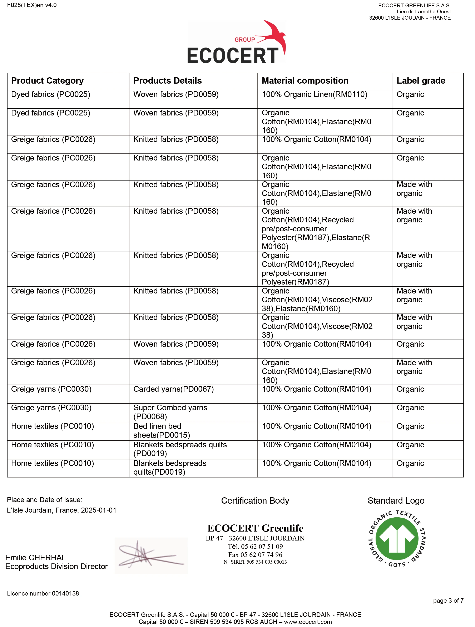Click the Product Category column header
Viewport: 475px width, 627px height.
click(47, 81)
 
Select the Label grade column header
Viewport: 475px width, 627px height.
click(421, 81)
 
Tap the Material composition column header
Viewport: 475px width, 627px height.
click(305, 81)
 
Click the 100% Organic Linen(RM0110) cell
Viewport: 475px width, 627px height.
click(314, 94)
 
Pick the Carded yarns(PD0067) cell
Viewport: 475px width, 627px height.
click(173, 389)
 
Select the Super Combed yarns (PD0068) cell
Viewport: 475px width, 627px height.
click(170, 412)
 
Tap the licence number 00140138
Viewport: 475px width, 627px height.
click(43, 593)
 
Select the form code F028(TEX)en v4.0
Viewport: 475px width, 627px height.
click(32, 5)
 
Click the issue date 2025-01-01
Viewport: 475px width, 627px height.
click(99, 510)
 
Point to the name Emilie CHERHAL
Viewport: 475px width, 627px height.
click(36, 558)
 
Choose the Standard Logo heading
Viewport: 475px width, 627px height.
click(396, 501)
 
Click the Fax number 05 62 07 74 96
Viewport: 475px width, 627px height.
click(255, 555)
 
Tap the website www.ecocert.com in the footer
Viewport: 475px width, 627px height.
click(308, 622)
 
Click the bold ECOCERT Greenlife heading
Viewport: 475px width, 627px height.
click(255, 528)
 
